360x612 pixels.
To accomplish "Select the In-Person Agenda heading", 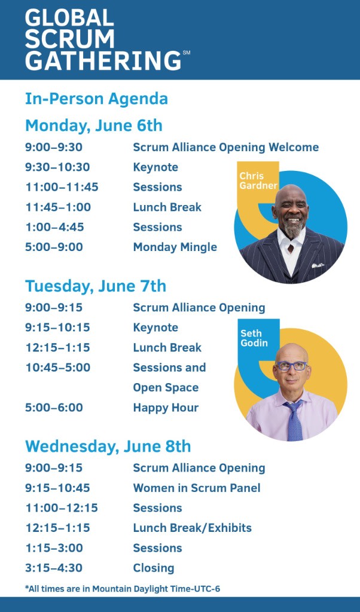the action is [x=96, y=99].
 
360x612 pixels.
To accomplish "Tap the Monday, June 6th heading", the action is [x=94, y=126].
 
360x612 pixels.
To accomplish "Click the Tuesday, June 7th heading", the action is [x=96, y=286].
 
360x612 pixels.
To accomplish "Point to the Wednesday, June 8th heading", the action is [x=108, y=446].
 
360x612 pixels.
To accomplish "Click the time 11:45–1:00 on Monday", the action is [x=58, y=207].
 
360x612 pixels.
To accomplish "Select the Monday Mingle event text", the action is [x=175, y=247].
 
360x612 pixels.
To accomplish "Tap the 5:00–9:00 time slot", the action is [x=54, y=247].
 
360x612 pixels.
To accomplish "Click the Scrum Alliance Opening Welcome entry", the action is [x=225, y=147].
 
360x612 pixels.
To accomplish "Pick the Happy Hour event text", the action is [x=166, y=408].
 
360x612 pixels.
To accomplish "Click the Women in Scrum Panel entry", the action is [x=197, y=488].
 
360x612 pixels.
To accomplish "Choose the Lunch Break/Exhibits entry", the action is [x=192, y=528].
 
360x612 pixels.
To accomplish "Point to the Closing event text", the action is [x=154, y=568].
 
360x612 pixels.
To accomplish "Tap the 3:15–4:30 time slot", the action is [x=54, y=568].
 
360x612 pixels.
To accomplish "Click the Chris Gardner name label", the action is [x=258, y=180].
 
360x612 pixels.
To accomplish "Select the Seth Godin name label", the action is [x=254, y=338].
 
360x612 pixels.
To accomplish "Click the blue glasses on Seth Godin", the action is [x=291, y=366].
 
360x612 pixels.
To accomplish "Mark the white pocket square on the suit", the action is [x=318, y=265].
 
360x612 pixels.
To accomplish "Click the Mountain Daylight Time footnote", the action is [x=122, y=589].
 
